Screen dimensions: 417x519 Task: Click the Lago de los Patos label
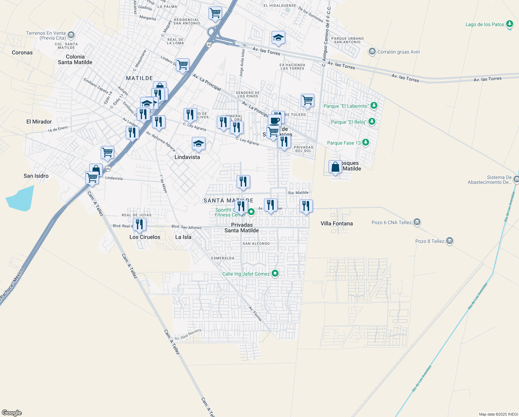[485, 24]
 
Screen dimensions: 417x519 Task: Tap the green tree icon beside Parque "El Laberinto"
[374, 105]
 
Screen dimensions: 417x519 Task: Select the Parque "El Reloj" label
[348, 122]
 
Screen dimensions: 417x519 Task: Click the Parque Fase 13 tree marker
[365, 142]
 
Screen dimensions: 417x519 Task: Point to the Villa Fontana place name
[337, 223]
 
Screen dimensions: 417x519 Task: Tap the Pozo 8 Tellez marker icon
[449, 241]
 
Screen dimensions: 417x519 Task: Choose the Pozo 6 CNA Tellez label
[391, 222]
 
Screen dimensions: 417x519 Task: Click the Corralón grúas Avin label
[398, 52]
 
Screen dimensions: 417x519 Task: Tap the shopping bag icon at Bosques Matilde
[335, 167]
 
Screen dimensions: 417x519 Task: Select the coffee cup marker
[274, 121]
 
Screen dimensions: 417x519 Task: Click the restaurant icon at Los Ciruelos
[139, 224]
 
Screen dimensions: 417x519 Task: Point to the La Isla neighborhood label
[183, 237]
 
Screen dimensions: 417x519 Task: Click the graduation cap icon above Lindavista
[198, 144]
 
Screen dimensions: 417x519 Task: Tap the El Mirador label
[39, 122]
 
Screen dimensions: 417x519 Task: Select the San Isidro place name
[36, 176]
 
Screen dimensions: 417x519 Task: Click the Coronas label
[22, 52]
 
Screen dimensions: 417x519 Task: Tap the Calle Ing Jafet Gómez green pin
[275, 273]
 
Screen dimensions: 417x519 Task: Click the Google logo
[12, 413]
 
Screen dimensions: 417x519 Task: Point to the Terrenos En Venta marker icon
[71, 35]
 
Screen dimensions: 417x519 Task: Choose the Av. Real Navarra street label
[188, 335]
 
